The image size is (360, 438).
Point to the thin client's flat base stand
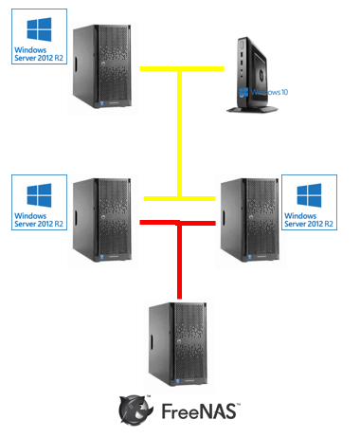pyautogui.click(x=252, y=109)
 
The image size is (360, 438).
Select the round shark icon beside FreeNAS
pyautogui.click(x=135, y=410)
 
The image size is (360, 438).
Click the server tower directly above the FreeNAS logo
pyautogui.click(x=178, y=344)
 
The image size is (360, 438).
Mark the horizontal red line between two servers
pyautogui.click(x=177, y=223)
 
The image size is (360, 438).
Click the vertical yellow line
pyautogui.click(x=179, y=134)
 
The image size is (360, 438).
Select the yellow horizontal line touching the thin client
pyautogui.click(x=182, y=68)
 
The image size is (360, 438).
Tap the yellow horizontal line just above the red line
pyautogui.click(x=179, y=198)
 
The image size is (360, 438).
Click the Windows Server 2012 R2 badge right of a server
pyautogui.click(x=309, y=202)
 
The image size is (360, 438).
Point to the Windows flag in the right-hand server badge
pyautogui.click(x=309, y=195)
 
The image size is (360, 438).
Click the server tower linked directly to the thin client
pyautogui.click(x=102, y=66)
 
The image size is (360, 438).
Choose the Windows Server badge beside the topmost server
pyautogui.click(x=39, y=36)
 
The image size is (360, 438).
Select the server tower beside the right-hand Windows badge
pyautogui.click(x=250, y=220)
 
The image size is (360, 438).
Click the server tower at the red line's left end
pyautogui.click(x=102, y=220)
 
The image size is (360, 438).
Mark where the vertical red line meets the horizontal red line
pyautogui.click(x=179, y=223)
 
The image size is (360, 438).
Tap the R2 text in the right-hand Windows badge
pyautogui.click(x=329, y=224)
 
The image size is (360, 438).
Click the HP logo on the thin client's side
pyautogui.click(x=261, y=75)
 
